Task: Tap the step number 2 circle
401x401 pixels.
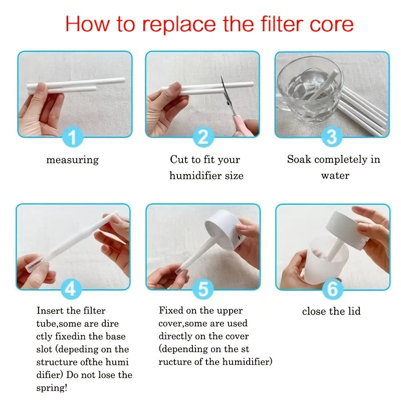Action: [x=203, y=136]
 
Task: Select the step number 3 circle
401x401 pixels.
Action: [x=331, y=136]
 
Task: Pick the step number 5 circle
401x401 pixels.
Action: [x=203, y=289]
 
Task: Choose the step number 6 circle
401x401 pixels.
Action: [x=331, y=289]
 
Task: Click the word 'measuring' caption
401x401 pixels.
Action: [x=73, y=160]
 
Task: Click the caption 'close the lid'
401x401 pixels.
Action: [x=331, y=311]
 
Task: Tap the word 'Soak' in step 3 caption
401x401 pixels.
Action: [x=299, y=160]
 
